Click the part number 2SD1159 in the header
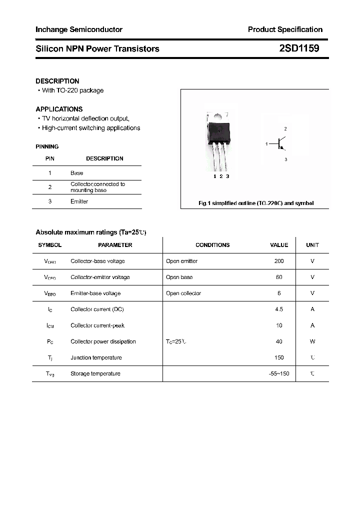299,48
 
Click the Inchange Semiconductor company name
78,29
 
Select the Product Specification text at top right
285,29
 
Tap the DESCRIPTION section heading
57,81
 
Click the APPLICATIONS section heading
59,109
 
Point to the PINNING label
47,146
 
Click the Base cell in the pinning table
76,173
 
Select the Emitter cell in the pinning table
79,201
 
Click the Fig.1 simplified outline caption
256,203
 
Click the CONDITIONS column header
212,245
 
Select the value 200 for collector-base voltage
279,261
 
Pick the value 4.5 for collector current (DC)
279,309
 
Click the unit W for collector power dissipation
312,341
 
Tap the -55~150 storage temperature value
279,373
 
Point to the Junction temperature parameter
96,357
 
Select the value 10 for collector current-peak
279,325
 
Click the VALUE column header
279,245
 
